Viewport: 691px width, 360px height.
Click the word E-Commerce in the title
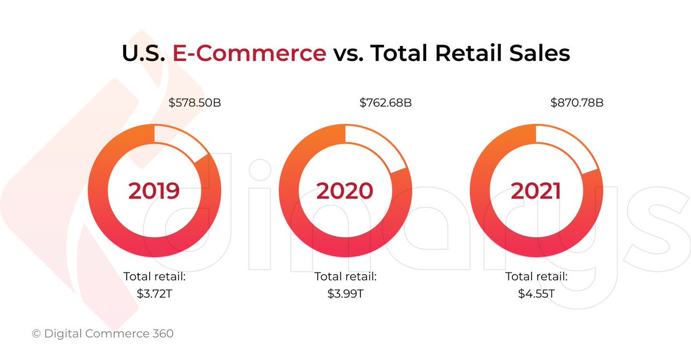pyautogui.click(x=249, y=54)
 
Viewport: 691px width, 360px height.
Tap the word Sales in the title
pyautogui.click(x=542, y=54)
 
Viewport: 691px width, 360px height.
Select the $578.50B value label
pyautogui.click(x=195, y=104)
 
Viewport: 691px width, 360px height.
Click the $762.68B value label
pyautogui.click(x=386, y=104)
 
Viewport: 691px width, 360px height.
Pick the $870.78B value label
pyautogui.click(x=577, y=104)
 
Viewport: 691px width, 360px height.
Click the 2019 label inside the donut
pyautogui.click(x=154, y=191)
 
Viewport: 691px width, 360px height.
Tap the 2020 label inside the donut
pyautogui.click(x=345, y=191)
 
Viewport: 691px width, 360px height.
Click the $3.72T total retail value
pyautogui.click(x=154, y=293)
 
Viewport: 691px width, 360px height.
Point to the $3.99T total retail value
pyautogui.click(x=345, y=293)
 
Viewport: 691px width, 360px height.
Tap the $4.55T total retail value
pyautogui.click(x=536, y=293)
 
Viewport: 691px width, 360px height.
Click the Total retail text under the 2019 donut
pyautogui.click(x=154, y=276)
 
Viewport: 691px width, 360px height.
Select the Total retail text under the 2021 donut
pyautogui.click(x=536, y=276)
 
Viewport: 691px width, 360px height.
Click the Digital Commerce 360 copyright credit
pyautogui.click(x=102, y=334)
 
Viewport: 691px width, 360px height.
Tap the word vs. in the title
pyautogui.click(x=347, y=54)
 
